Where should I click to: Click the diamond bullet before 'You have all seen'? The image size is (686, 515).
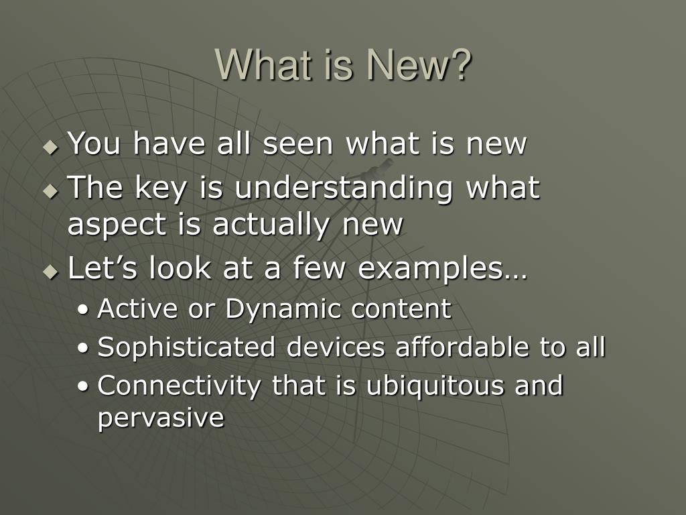tap(51, 147)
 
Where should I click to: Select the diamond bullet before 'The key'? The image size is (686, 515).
tap(51, 191)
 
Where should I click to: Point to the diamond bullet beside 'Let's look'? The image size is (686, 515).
tap(51, 272)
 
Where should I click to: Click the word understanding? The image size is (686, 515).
tap(344, 188)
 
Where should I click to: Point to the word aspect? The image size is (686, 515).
tap(117, 225)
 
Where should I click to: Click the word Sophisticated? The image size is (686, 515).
tap(186, 348)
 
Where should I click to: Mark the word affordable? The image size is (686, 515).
tap(462, 347)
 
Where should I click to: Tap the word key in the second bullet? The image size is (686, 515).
tap(161, 188)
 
